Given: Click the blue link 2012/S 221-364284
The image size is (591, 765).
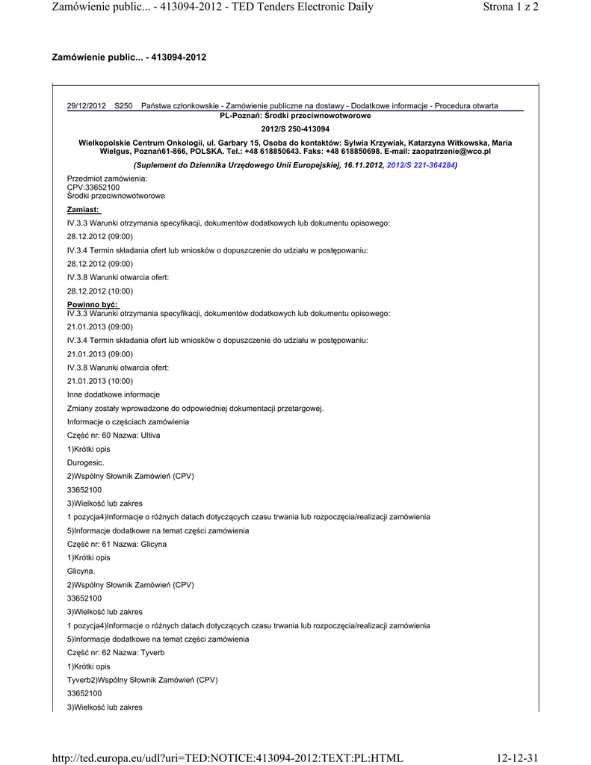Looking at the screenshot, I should pyautogui.click(x=421, y=164).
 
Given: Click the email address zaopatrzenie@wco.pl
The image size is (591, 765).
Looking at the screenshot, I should pyautogui.click(x=451, y=151).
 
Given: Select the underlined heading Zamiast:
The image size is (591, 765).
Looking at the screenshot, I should pyautogui.click(x=84, y=209).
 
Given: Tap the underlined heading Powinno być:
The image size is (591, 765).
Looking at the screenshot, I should pyautogui.click(x=93, y=305).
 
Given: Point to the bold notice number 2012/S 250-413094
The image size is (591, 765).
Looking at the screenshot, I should pyautogui.click(x=295, y=129).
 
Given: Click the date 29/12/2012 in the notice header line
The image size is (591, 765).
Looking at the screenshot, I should pyautogui.click(x=87, y=106).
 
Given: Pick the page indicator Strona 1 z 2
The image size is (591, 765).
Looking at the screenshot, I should pyautogui.click(x=511, y=7).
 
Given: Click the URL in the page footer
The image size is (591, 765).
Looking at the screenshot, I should pyautogui.click(x=227, y=758).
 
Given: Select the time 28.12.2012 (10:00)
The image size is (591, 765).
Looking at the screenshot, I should pyautogui.click(x=100, y=291).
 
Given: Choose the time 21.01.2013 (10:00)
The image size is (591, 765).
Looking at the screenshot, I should pyautogui.click(x=100, y=381).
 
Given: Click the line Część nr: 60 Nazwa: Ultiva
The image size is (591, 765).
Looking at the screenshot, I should pyautogui.click(x=114, y=435).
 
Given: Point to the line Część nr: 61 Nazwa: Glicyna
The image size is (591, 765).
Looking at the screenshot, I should pyautogui.click(x=117, y=544).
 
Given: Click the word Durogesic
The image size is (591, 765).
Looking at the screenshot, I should pyautogui.click(x=86, y=462).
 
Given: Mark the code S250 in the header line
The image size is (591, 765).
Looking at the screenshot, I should pyautogui.click(x=123, y=106).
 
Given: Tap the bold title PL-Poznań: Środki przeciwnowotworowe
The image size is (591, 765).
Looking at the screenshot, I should pyautogui.click(x=295, y=116).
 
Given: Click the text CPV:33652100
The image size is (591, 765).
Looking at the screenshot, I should pyautogui.click(x=93, y=187).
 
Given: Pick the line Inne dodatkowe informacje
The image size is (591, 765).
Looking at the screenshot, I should pyautogui.click(x=114, y=394).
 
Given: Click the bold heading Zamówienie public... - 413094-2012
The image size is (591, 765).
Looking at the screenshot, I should pyautogui.click(x=129, y=57).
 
